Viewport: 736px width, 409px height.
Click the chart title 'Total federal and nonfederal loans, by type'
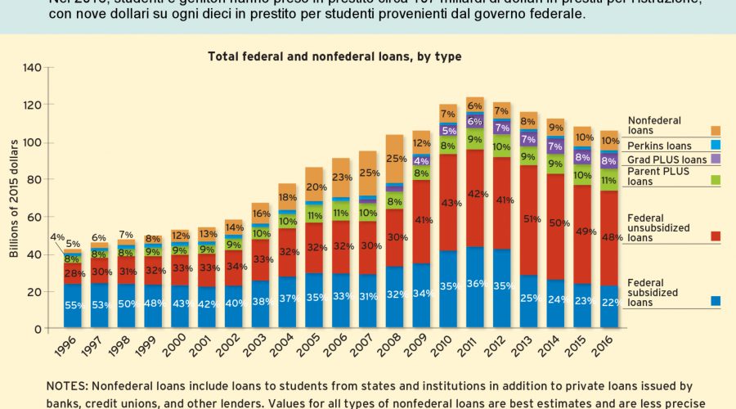[334, 56]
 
